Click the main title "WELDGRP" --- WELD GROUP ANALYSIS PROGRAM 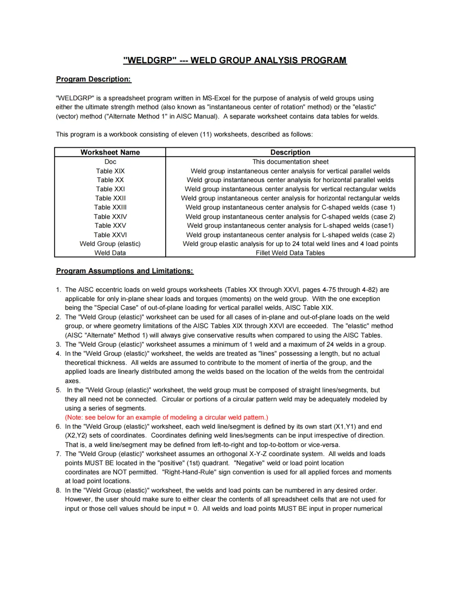pos(235,60)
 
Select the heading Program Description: pos(93,79)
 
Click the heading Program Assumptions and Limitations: pos(124,271)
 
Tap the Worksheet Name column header pos(110,152)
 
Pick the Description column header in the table pos(290,152)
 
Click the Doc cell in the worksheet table pos(110,162)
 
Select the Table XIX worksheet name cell pos(110,171)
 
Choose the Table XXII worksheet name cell pos(110,198)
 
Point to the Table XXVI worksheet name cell pos(110,235)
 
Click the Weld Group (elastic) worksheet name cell pos(110,244)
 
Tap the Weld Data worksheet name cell pos(110,253)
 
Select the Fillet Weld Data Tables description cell pos(290,253)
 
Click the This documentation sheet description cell pos(290,162)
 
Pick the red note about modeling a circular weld pos(166,417)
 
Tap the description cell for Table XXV pos(290,226)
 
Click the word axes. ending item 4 pos(72,381)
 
